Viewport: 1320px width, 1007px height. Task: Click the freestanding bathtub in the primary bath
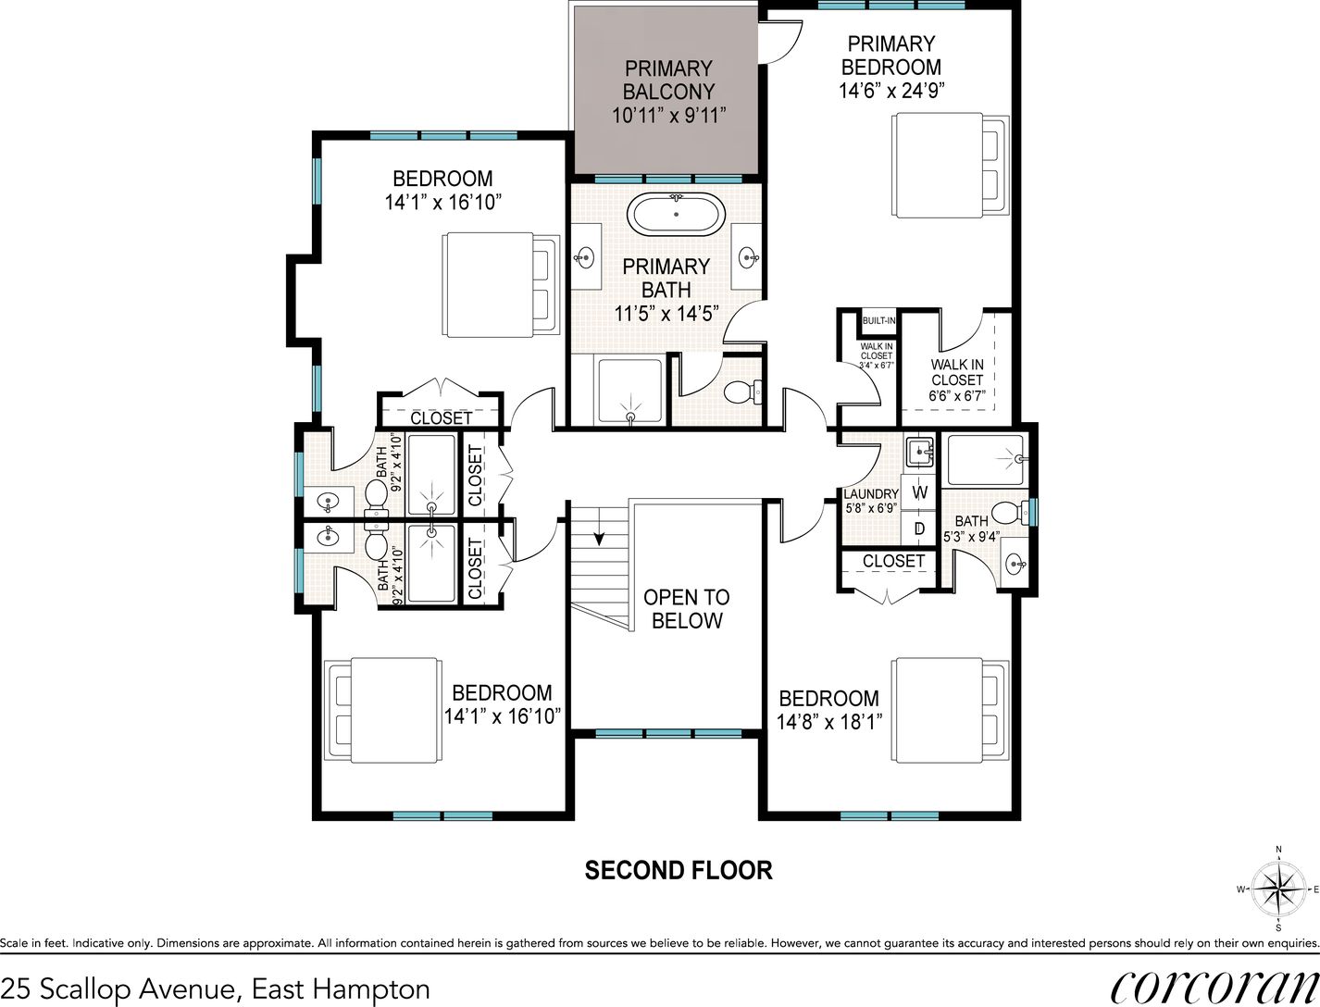(676, 215)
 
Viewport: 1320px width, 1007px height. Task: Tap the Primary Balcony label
(668, 80)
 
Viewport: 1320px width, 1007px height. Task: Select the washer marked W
(919, 492)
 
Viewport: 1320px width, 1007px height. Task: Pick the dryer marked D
(919, 528)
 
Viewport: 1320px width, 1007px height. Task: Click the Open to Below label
(687, 608)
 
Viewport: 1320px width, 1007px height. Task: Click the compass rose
(1278, 889)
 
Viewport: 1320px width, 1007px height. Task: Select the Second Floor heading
(679, 871)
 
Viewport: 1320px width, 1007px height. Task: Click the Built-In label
(878, 320)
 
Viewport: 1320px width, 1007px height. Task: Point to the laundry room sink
(920, 452)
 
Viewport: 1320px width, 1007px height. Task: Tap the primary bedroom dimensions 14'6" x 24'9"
(891, 91)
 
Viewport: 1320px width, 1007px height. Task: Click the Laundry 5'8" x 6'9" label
(871, 500)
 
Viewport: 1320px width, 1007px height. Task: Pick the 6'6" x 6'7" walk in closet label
(957, 395)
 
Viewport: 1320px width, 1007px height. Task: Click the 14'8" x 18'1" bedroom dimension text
(829, 721)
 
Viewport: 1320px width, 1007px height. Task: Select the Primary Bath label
(666, 278)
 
